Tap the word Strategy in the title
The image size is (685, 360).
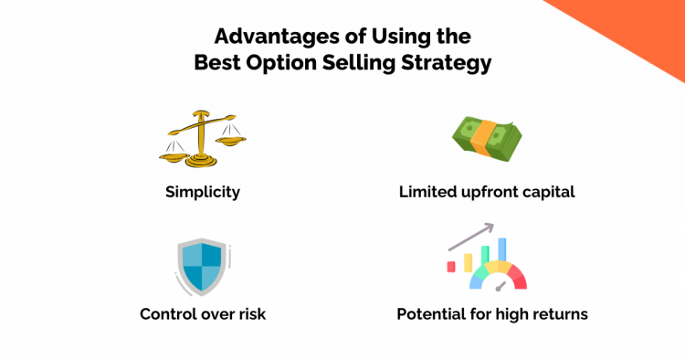click(453, 66)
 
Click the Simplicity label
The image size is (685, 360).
click(202, 193)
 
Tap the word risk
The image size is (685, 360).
click(249, 313)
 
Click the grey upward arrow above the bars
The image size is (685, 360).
click(472, 236)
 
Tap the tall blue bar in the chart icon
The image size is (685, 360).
click(501, 249)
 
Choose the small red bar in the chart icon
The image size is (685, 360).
click(451, 266)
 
